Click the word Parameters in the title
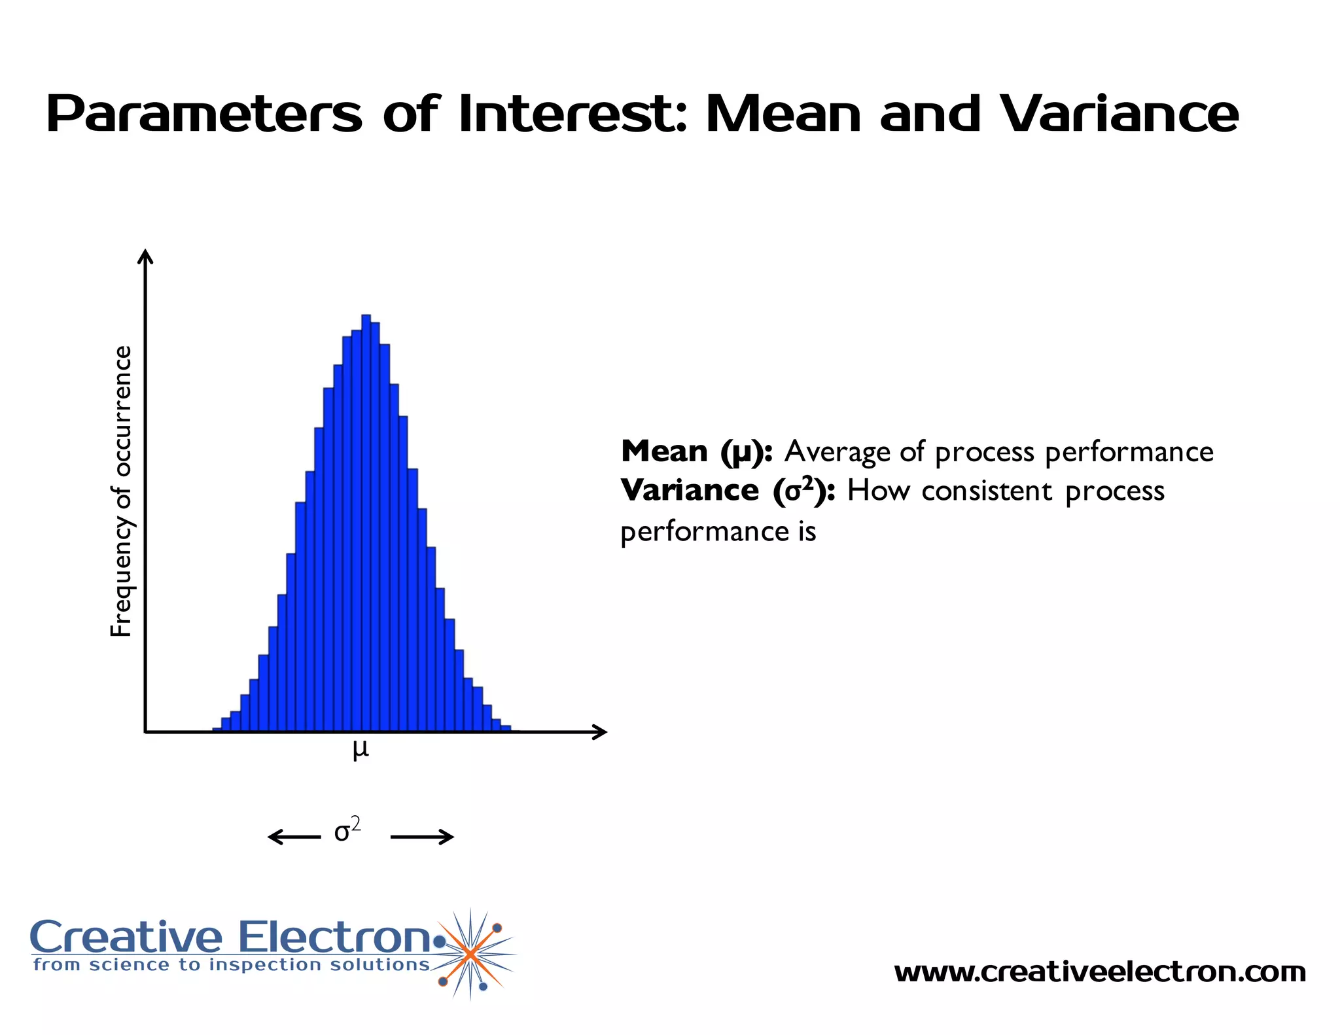(x=203, y=115)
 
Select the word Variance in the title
(x=1120, y=114)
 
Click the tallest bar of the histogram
(x=366, y=523)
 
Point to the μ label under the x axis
(x=361, y=750)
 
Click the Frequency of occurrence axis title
(x=122, y=491)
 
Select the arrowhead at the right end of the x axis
(x=599, y=732)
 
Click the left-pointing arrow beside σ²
(x=294, y=837)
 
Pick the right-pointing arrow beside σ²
(x=423, y=837)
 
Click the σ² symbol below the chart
(x=347, y=831)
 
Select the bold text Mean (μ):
(x=697, y=451)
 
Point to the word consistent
(x=987, y=491)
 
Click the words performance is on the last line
(x=718, y=531)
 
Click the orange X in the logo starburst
(x=470, y=955)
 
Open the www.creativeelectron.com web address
(x=1100, y=972)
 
